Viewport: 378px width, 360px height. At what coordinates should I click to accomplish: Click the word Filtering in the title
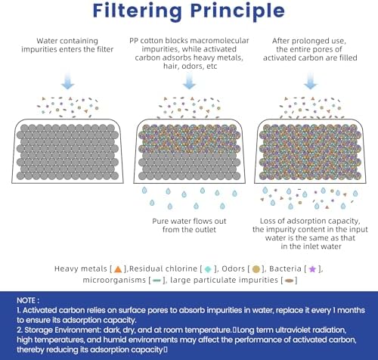[x=138, y=11]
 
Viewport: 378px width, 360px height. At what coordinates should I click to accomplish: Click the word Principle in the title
[x=237, y=11]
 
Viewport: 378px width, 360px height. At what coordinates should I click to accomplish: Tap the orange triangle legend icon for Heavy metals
[x=118, y=269]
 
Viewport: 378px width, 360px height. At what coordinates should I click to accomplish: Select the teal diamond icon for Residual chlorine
[x=208, y=269]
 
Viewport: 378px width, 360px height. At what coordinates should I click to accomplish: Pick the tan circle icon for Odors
[x=256, y=269]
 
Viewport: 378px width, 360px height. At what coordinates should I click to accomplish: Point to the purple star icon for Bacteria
[x=312, y=269]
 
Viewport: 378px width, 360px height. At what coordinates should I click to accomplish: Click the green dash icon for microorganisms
[x=156, y=281]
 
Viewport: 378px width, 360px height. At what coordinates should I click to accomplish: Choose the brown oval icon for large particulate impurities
[x=289, y=281]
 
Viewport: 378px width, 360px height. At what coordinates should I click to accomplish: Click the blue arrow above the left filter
[x=67, y=81]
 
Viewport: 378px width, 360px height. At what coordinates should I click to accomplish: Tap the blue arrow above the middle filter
[x=189, y=81]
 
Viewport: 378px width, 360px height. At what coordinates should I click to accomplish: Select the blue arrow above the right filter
[x=310, y=81]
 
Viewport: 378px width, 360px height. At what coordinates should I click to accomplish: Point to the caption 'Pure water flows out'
[x=189, y=221]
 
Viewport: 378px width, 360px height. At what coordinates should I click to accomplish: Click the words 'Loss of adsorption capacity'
[x=310, y=221]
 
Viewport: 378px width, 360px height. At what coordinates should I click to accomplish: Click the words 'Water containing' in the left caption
[x=67, y=41]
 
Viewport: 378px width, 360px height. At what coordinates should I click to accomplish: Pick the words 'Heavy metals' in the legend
[x=81, y=268]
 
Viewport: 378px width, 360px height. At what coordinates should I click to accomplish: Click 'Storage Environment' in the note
[x=63, y=330]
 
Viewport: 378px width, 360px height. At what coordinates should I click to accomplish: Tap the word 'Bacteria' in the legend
[x=285, y=268]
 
